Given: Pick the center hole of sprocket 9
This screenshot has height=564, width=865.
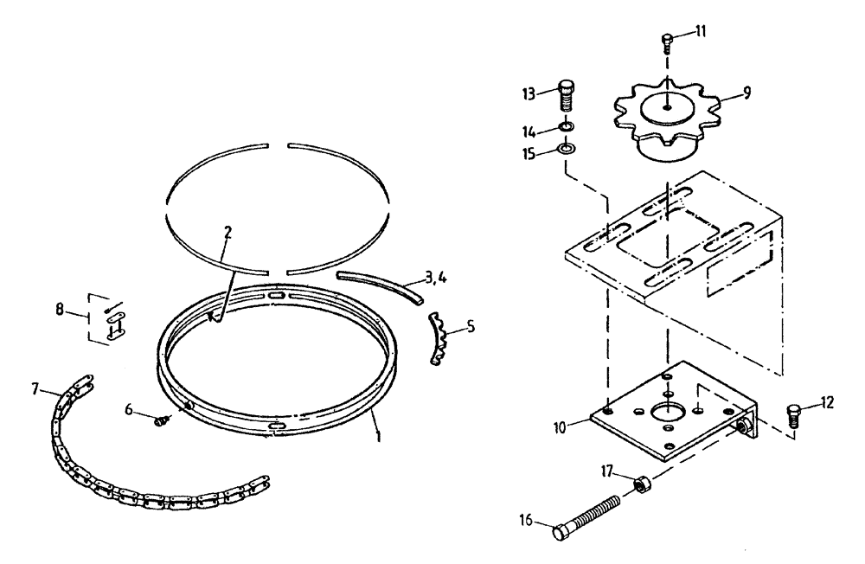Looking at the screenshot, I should tap(667, 107).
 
